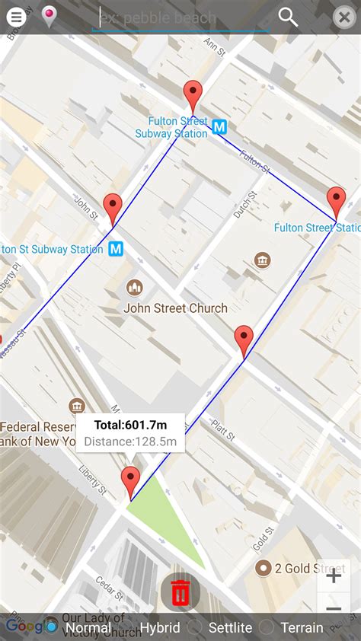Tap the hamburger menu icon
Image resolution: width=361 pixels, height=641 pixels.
tap(16, 17)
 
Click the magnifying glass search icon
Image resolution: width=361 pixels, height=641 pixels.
tap(288, 17)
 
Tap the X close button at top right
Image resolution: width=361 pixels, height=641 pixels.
tap(344, 17)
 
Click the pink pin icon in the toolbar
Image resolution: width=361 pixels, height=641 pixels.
tap(49, 16)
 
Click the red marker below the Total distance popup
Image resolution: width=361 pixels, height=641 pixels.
tap(131, 482)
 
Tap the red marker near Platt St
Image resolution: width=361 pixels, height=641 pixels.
tap(244, 340)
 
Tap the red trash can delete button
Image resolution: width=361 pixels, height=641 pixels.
tap(180, 592)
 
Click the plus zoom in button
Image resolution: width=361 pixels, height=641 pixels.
tap(334, 576)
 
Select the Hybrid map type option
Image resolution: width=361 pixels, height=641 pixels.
tap(159, 628)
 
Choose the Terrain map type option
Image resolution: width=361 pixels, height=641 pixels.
tap(302, 628)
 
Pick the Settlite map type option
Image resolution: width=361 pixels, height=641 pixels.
tap(230, 628)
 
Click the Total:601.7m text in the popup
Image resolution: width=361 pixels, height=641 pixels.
tap(130, 425)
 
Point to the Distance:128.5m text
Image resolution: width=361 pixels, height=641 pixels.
tap(130, 442)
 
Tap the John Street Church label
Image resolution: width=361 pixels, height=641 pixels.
tap(175, 308)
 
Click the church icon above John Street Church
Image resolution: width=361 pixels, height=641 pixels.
tap(135, 288)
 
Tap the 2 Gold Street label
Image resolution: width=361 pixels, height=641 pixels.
tap(309, 569)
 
